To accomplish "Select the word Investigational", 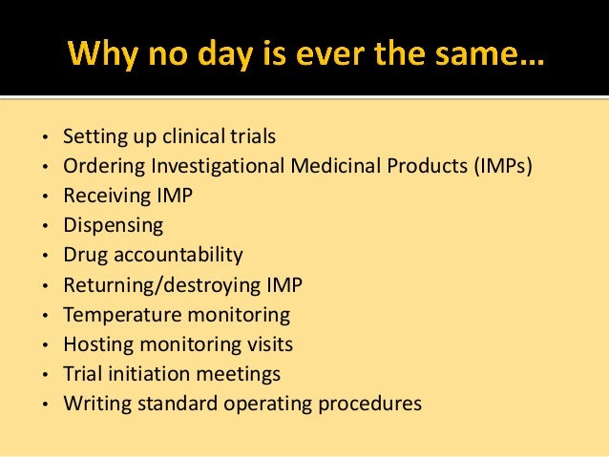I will click(x=202, y=166).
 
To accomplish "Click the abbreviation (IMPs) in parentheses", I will click(x=502, y=166).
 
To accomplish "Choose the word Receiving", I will click(x=102, y=196).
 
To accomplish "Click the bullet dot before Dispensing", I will click(x=45, y=227).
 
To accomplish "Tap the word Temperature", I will click(x=118, y=314).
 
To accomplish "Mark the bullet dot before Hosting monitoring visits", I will click(x=45, y=345).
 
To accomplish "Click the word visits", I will click(x=266, y=343).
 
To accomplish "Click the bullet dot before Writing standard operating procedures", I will click(x=45, y=405).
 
